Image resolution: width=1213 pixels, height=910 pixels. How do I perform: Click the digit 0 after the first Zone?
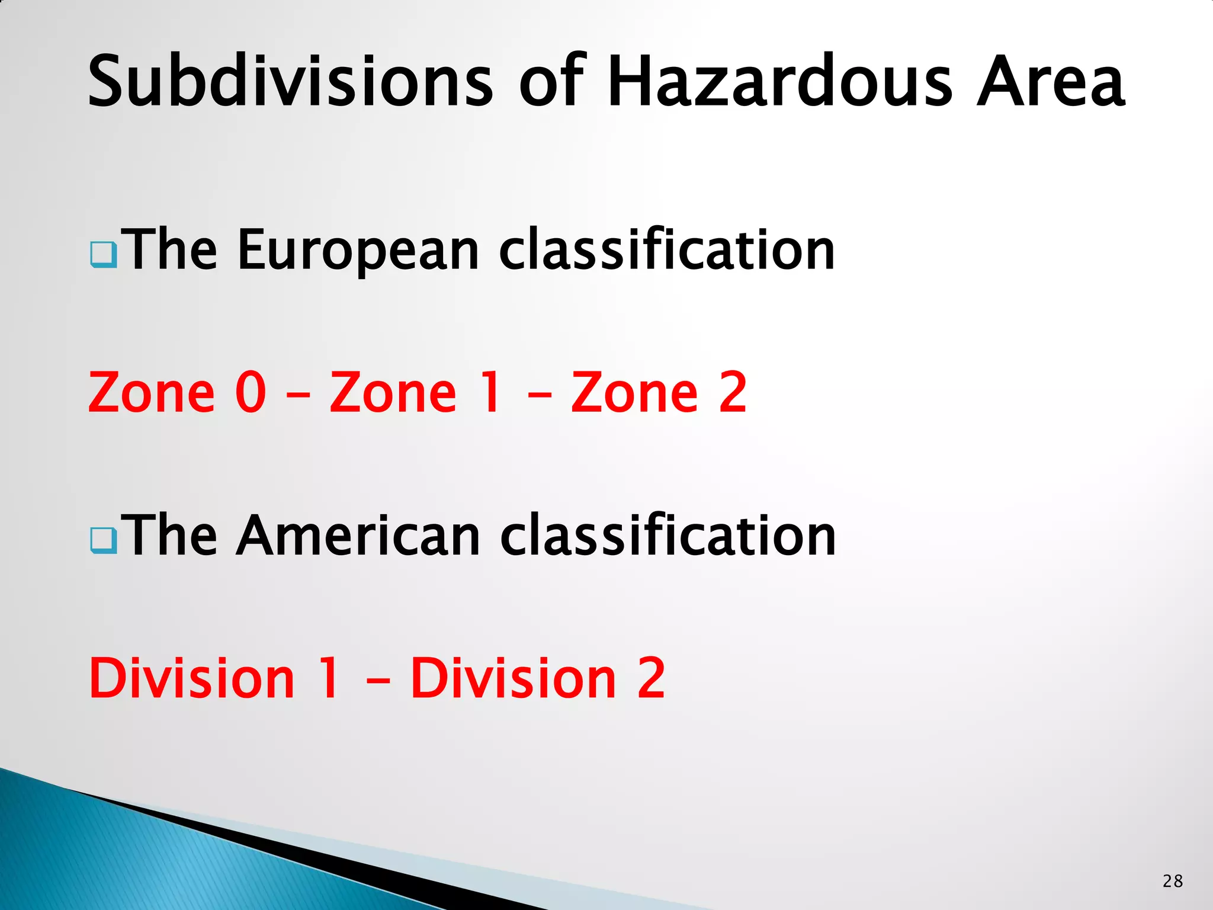click(x=251, y=392)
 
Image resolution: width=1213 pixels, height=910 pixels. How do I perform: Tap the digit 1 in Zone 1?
click(x=492, y=392)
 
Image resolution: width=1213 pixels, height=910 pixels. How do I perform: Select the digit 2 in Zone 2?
click(x=733, y=392)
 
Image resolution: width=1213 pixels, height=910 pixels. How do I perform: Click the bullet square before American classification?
click(x=103, y=540)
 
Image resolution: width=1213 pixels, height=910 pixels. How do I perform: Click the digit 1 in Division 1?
click(x=329, y=678)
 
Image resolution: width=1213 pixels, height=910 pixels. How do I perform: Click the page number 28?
click(x=1172, y=881)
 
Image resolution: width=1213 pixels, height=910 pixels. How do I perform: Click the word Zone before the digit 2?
click(x=634, y=392)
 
